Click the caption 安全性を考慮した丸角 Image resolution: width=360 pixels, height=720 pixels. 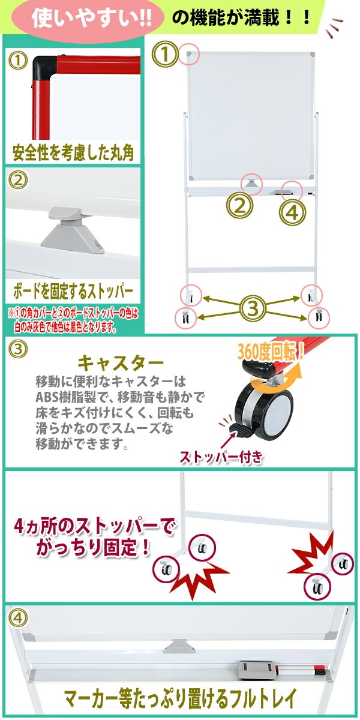(73, 152)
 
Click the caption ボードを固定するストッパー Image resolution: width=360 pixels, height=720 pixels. (73, 292)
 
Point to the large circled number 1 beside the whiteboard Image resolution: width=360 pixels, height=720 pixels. (165, 55)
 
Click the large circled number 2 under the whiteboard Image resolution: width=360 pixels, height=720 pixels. (239, 206)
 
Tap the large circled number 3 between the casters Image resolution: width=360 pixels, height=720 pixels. (254, 308)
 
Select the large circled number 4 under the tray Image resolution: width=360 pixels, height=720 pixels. (293, 212)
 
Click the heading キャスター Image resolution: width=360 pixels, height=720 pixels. (121, 364)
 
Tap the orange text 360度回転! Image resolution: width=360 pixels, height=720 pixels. (271, 353)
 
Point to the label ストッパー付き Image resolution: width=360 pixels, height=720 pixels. (221, 457)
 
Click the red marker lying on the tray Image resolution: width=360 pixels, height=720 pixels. (303, 670)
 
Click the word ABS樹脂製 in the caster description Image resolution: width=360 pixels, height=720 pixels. (65, 398)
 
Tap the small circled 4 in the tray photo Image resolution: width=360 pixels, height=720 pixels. (18, 617)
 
